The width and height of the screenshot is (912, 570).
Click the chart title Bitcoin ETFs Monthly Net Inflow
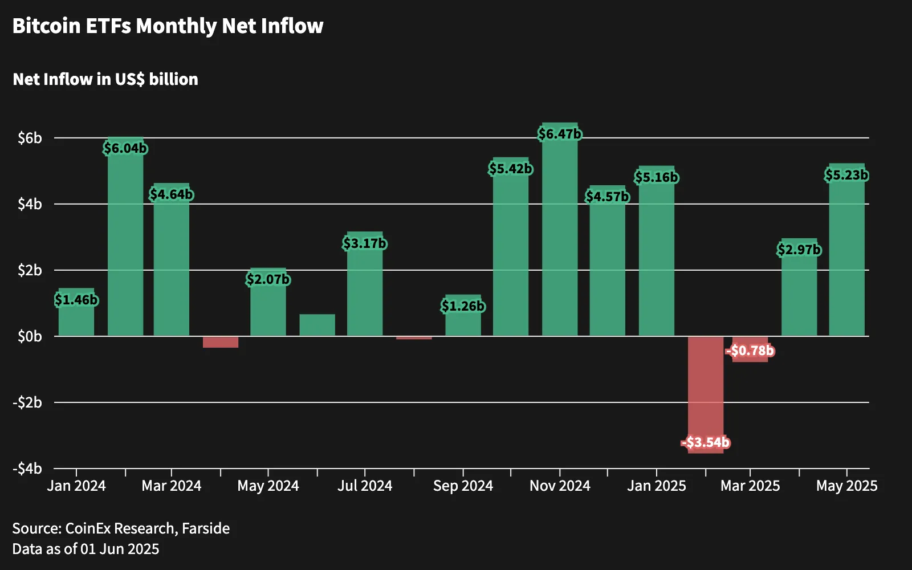tap(168, 26)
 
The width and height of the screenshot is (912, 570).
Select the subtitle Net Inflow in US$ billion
tap(105, 79)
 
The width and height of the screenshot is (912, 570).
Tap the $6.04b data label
tap(125, 148)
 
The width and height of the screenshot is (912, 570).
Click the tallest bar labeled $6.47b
tap(560, 229)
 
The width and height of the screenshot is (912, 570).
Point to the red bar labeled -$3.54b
tap(706, 394)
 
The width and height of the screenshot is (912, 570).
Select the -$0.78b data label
tap(750, 351)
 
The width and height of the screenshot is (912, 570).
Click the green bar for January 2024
tap(76, 312)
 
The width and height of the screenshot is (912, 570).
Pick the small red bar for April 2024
tap(221, 342)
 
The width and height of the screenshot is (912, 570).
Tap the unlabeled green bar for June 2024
tap(317, 325)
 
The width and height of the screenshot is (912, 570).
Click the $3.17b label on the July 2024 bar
tap(364, 243)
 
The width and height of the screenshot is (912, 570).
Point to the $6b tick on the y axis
tap(30, 139)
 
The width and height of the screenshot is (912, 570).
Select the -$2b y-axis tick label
tap(27, 402)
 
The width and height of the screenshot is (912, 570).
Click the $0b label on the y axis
tap(30, 337)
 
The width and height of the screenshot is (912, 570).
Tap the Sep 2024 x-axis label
tap(463, 486)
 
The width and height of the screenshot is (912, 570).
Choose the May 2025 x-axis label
tap(847, 486)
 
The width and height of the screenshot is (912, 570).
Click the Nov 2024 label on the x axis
tap(560, 486)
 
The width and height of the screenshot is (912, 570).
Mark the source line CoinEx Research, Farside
tap(121, 528)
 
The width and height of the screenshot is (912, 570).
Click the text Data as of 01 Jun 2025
tap(85, 549)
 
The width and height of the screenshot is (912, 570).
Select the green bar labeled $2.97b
tap(799, 287)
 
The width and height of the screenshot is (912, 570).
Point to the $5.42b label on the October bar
tap(511, 169)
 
